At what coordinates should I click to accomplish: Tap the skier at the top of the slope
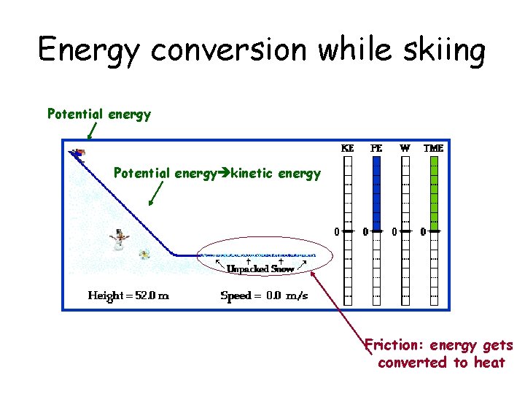click(77, 152)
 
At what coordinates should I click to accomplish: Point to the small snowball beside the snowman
click(144, 254)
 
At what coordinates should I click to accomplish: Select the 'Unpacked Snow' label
click(260, 269)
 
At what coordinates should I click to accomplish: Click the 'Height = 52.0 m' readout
click(128, 295)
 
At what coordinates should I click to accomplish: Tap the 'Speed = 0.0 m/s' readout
click(264, 295)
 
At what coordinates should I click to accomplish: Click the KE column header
click(348, 148)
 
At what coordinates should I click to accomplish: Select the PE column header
click(376, 148)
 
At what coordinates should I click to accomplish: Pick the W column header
click(405, 148)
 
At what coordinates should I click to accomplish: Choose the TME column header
click(433, 148)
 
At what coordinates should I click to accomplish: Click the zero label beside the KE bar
click(337, 232)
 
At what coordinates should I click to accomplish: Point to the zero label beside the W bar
click(394, 232)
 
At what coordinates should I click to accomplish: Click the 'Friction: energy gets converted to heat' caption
click(439, 354)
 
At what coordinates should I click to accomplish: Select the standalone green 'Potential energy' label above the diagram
click(99, 114)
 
